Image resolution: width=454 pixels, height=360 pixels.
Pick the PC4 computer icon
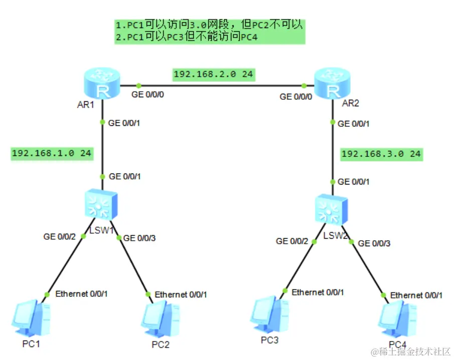coord(397,318)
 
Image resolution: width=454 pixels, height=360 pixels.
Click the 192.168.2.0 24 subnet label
coord(213,75)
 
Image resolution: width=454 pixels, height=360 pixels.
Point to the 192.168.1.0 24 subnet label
coord(52,153)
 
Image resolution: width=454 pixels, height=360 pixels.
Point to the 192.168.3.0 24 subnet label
coord(381,154)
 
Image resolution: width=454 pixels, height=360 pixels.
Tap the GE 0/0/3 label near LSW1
coord(139,238)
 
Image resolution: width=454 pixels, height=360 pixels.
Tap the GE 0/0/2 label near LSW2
coord(292,241)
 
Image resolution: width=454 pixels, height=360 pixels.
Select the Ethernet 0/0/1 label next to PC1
coord(81,293)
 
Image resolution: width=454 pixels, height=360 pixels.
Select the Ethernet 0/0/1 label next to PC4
coord(416,295)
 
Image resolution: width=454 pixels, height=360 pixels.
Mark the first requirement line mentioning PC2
coord(210,25)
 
